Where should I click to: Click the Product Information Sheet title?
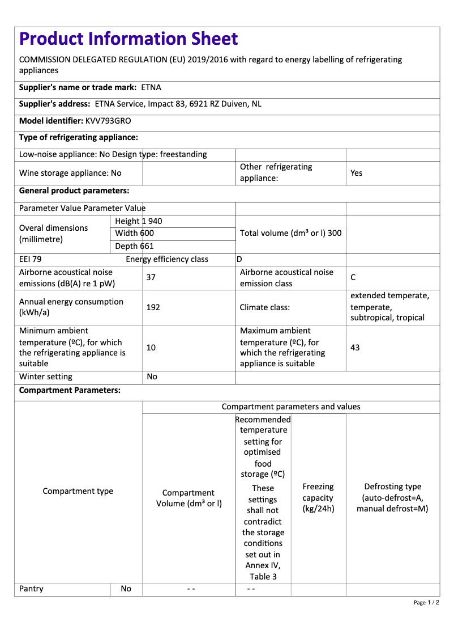tap(129, 39)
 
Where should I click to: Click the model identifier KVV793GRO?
tap(108, 121)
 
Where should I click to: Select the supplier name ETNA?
tap(151, 87)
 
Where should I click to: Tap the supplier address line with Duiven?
tap(178, 104)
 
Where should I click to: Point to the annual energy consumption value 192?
tap(153, 307)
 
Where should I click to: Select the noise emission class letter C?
tap(353, 277)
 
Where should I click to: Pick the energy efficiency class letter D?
tap(239, 260)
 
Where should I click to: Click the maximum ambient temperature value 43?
tap(355, 347)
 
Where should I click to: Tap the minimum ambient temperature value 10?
tap(151, 347)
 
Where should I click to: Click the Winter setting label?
tap(46, 377)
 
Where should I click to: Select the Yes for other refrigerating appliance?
tap(356, 173)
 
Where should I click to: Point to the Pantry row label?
tap(31, 589)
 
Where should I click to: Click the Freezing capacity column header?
tap(318, 498)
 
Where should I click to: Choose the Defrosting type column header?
tap(392, 498)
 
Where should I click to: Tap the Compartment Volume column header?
tap(189, 498)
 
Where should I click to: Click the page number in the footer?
tap(426, 602)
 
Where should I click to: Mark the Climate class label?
tap(265, 307)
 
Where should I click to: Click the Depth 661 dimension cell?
tap(134, 246)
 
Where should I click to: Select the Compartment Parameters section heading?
tap(70, 390)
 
